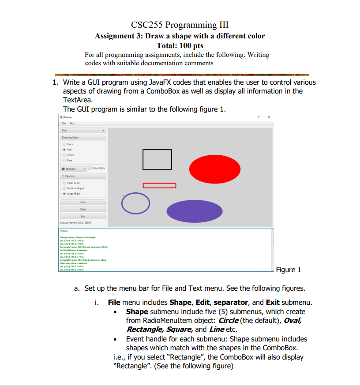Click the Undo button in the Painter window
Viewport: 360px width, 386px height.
(x=83, y=202)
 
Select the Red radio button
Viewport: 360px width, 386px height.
(x=65, y=150)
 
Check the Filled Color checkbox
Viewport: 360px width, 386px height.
(x=90, y=169)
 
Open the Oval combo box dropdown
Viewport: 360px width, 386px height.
(x=83, y=130)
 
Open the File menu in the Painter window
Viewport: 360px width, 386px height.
(x=63, y=123)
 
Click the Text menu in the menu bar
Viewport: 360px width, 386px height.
(x=71, y=123)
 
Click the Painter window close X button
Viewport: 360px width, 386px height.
(x=269, y=117)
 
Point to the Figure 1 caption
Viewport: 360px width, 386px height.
(x=288, y=270)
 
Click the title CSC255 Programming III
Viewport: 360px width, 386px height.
(x=180, y=24)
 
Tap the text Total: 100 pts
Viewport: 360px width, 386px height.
(x=180, y=45)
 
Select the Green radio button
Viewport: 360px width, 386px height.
(x=65, y=155)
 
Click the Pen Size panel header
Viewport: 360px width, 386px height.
(x=83, y=176)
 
